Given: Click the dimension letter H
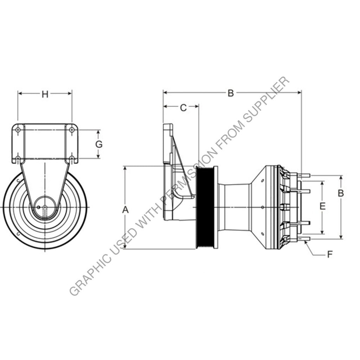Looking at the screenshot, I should [x=45, y=94].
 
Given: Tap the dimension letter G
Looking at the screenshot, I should [x=99, y=144].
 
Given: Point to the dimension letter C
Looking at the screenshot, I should [x=183, y=108].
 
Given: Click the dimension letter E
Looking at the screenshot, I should [x=322, y=206].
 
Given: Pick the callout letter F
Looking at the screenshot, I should [x=330, y=254].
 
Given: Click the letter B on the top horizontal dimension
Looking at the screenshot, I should [x=231, y=93].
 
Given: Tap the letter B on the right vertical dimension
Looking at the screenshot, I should [x=341, y=193].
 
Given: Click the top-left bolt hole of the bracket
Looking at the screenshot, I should [x=18, y=130].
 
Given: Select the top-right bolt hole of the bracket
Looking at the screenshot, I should [x=72, y=130].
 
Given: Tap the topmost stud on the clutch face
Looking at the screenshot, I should [x=304, y=175].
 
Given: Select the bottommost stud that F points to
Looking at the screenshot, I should [x=304, y=239].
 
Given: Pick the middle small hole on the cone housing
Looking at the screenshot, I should [x=263, y=207].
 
